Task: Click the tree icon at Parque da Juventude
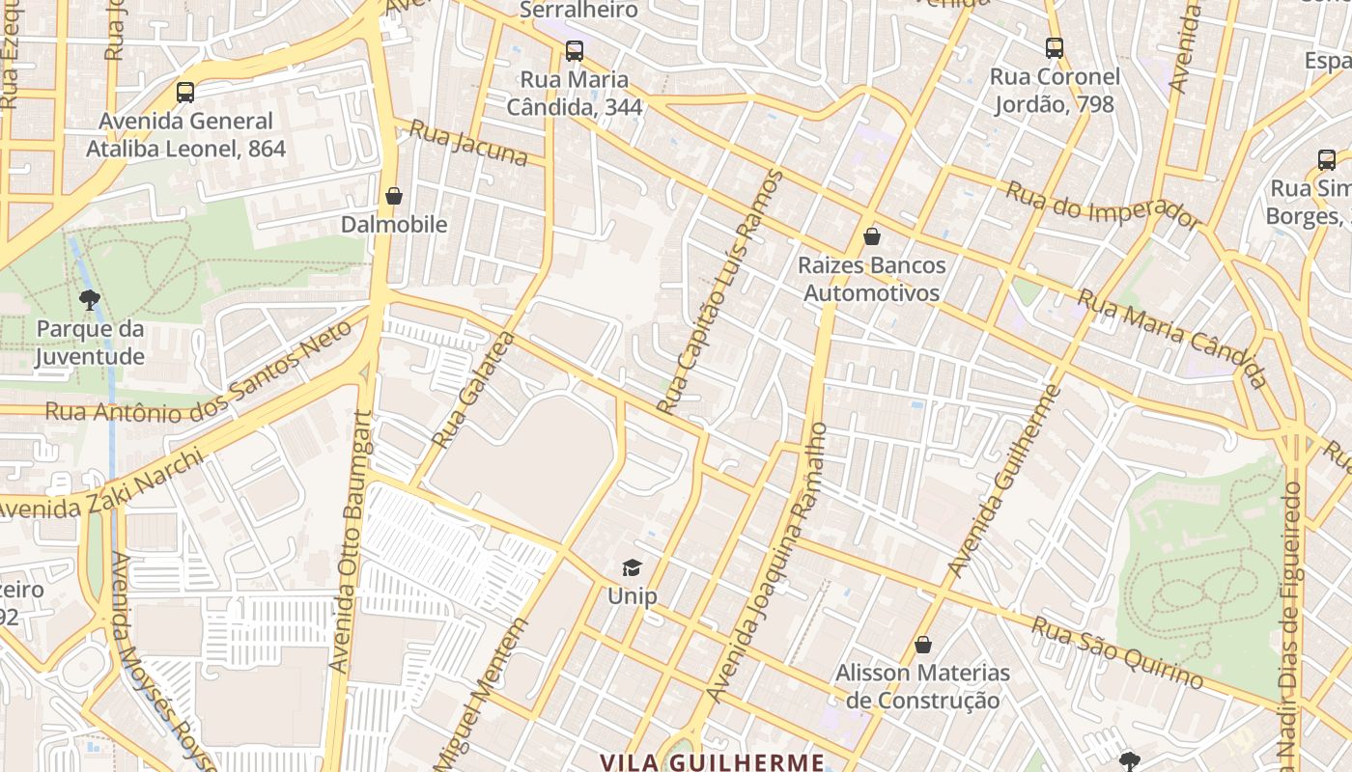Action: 90,300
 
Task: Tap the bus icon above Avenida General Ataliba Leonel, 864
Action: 185,93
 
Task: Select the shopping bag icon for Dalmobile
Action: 393,196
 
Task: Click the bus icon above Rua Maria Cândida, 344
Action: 575,50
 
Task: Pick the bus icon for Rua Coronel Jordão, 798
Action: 1054,47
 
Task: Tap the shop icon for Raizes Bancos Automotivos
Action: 872,236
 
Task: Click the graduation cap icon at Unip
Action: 632,567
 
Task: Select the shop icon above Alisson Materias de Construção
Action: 922,645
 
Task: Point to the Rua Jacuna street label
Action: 468,143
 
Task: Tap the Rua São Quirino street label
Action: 1117,653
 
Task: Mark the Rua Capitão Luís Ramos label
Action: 720,291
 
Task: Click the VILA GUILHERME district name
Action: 712,761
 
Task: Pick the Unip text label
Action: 632,596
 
